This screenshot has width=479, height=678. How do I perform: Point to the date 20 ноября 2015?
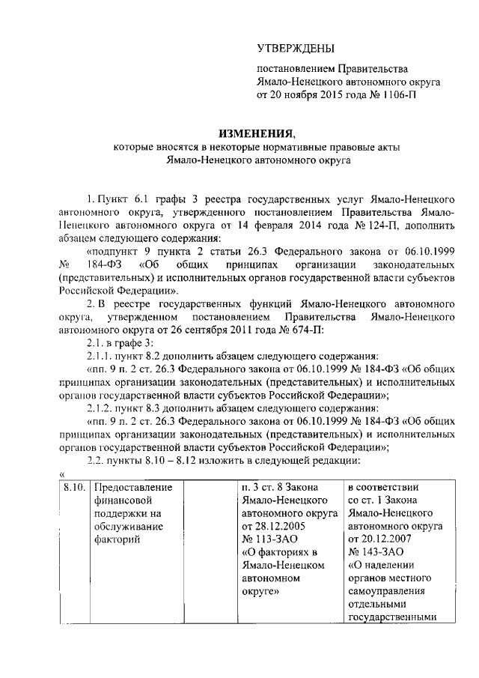coord(307,96)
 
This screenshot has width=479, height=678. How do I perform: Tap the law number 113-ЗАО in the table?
coord(266,539)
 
